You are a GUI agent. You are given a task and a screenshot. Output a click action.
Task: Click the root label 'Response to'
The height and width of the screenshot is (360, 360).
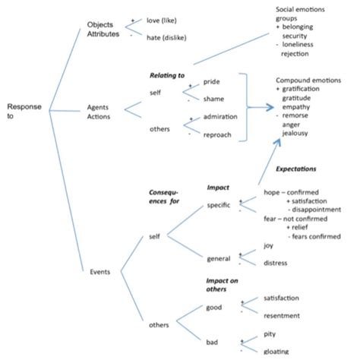coord(24,112)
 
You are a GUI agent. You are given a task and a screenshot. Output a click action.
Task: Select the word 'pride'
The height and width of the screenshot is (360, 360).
coord(213,81)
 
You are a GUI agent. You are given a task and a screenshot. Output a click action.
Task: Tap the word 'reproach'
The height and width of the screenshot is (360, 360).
coord(219,134)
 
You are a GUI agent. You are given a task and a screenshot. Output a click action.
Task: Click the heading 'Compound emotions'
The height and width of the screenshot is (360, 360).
coord(308,80)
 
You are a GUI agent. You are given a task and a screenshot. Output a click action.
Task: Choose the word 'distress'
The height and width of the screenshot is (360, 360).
coord(275,264)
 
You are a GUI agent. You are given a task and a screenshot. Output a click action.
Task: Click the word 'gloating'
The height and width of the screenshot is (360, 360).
coord(276,351)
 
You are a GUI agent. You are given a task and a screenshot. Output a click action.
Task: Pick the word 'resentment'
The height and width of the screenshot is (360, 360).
coord(281,315)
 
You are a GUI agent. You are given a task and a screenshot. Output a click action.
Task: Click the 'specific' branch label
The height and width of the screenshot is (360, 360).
coord(219,205)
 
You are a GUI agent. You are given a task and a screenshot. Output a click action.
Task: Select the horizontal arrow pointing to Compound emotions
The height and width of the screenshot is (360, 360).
coord(261,107)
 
